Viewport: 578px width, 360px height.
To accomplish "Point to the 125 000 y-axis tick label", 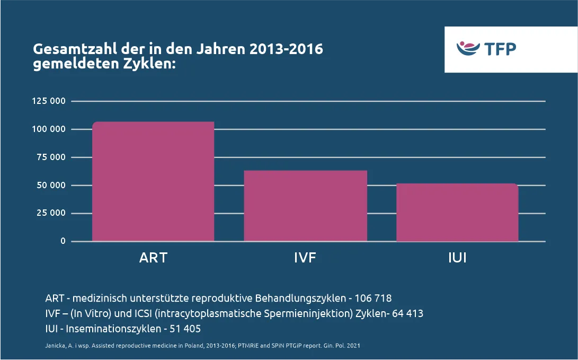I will point(48,101).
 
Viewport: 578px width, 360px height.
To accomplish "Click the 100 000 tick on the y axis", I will point(48,129).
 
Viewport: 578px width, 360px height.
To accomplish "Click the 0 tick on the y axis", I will point(63,241).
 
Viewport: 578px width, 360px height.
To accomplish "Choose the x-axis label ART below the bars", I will point(153,258).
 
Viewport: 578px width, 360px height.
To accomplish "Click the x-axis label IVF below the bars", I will point(305,258).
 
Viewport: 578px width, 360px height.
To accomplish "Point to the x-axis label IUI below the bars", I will point(457,258).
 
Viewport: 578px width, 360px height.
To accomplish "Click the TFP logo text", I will point(500,49).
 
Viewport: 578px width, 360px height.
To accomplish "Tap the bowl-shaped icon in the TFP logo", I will point(468,49).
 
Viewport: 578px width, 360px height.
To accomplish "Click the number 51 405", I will point(185,329).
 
